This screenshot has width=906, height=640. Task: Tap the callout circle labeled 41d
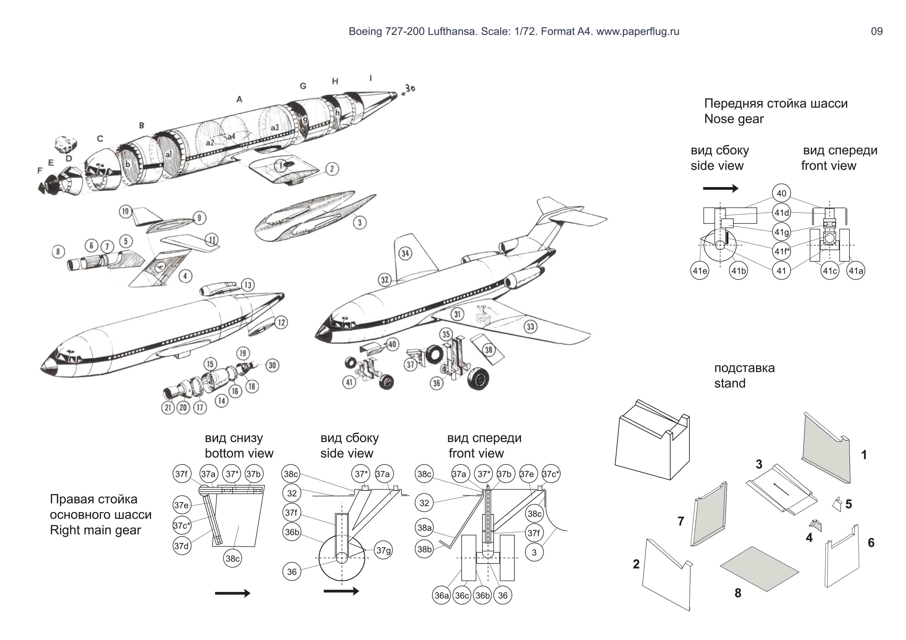point(781,213)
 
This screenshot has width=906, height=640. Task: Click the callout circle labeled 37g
point(383,550)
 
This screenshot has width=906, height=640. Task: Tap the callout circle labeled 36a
point(442,595)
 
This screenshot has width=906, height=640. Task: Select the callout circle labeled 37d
point(182,546)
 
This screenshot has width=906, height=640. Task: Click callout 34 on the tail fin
point(405,253)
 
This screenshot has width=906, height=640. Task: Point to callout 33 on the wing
point(530,326)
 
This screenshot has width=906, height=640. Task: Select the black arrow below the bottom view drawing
point(232,593)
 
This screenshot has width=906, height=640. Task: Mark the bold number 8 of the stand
point(738,593)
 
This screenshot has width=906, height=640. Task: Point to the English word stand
point(730,383)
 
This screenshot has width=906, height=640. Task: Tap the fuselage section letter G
point(303,86)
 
